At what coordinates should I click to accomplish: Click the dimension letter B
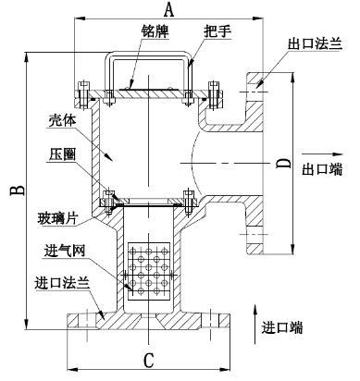click(x=16, y=191)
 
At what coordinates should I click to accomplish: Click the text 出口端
click(x=323, y=168)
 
